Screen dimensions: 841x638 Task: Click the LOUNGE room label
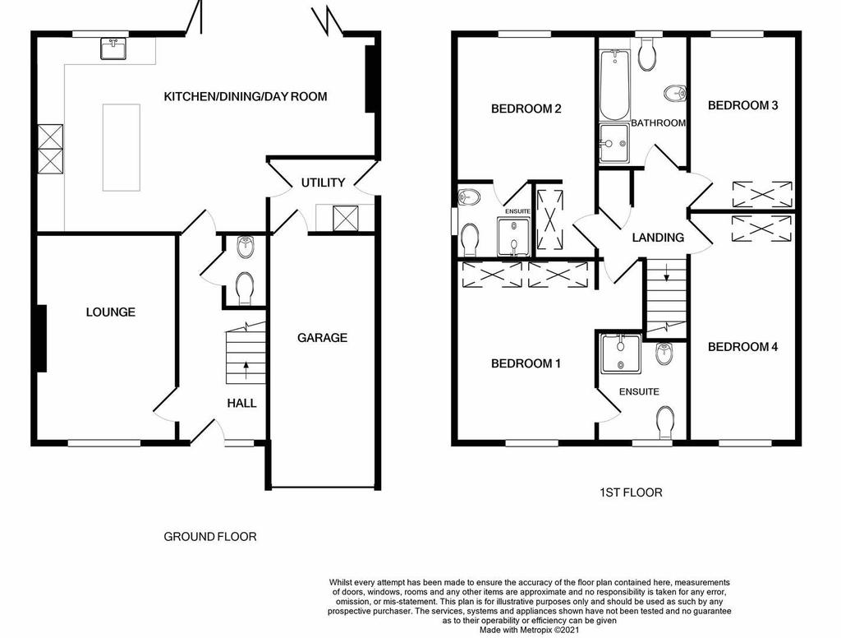[111, 312]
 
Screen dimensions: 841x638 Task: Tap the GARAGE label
[322, 338]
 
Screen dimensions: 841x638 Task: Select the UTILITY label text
[323, 183]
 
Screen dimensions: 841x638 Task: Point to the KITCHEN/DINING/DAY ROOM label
[245, 97]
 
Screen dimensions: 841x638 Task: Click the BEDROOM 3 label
[742, 105]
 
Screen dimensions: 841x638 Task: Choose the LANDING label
[658, 238]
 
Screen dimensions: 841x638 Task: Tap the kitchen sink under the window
[113, 48]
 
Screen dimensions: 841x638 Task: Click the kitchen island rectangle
[122, 148]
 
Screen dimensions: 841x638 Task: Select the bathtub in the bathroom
[614, 85]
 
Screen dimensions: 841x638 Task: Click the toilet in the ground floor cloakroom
[245, 289]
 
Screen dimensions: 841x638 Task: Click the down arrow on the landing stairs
[667, 272]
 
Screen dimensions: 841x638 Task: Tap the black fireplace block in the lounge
[41, 338]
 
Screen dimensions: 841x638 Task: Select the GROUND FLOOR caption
[210, 537]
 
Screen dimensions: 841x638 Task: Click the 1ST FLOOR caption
[631, 492]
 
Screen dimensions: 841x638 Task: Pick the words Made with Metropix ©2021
[530, 630]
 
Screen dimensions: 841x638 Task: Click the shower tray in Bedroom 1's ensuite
[621, 354]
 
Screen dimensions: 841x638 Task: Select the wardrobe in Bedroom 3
[762, 194]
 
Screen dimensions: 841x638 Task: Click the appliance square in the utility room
[345, 218]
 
